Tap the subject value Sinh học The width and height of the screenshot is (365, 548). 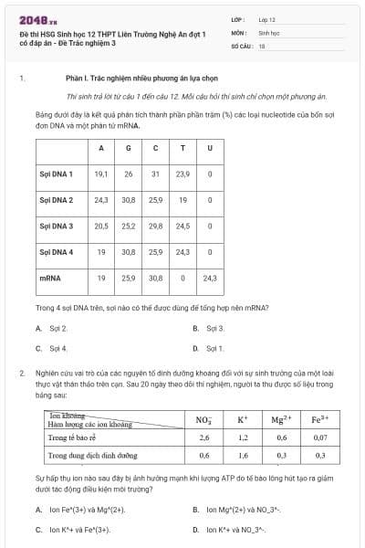tap(268, 31)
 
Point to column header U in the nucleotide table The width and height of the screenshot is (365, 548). tap(210, 148)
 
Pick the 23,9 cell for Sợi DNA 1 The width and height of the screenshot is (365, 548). tap(183, 174)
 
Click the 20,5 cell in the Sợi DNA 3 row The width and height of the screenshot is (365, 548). tap(101, 225)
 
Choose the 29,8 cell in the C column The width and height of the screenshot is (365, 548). tap(155, 225)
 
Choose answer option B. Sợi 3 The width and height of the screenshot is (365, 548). tap(209, 328)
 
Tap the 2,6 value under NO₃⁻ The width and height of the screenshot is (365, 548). tap(204, 437)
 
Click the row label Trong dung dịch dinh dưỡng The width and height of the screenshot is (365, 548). tap(93, 454)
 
